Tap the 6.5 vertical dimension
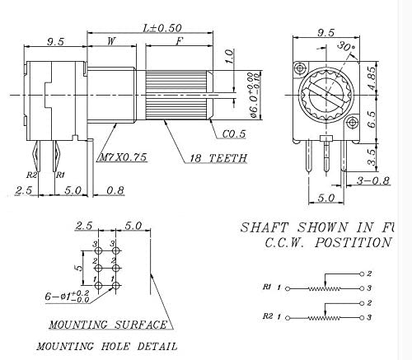click(372, 118)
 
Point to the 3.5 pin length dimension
click(372, 152)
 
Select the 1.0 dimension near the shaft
click(229, 57)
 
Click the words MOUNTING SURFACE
click(108, 325)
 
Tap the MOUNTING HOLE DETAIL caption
click(106, 346)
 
